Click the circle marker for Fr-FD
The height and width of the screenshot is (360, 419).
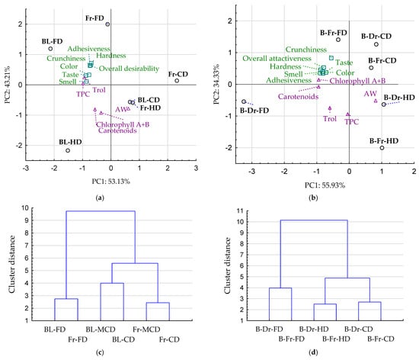(107, 24)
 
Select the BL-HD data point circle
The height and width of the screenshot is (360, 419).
(68, 150)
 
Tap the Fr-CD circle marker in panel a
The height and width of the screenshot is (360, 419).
(177, 81)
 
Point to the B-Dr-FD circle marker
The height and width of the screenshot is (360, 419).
(244, 101)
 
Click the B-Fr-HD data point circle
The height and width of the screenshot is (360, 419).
(382, 148)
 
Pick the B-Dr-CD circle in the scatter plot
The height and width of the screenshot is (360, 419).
(376, 44)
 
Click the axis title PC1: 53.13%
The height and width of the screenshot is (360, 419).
(111, 182)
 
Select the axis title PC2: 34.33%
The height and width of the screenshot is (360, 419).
(216, 84)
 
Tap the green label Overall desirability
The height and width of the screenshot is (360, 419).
(129, 69)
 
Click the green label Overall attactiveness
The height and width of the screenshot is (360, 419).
(277, 58)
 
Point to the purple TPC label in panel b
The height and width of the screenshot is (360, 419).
(352, 122)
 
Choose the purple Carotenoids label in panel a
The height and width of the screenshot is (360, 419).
(117, 130)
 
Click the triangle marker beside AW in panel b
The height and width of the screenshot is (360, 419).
(376, 101)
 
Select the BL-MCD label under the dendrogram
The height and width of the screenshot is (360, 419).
(101, 329)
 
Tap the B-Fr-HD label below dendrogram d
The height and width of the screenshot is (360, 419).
(336, 339)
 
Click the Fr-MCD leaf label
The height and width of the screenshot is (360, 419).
(146, 329)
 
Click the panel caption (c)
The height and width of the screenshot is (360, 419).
(100, 352)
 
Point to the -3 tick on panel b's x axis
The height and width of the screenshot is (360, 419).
(251, 172)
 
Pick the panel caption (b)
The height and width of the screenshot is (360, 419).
(313, 198)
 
